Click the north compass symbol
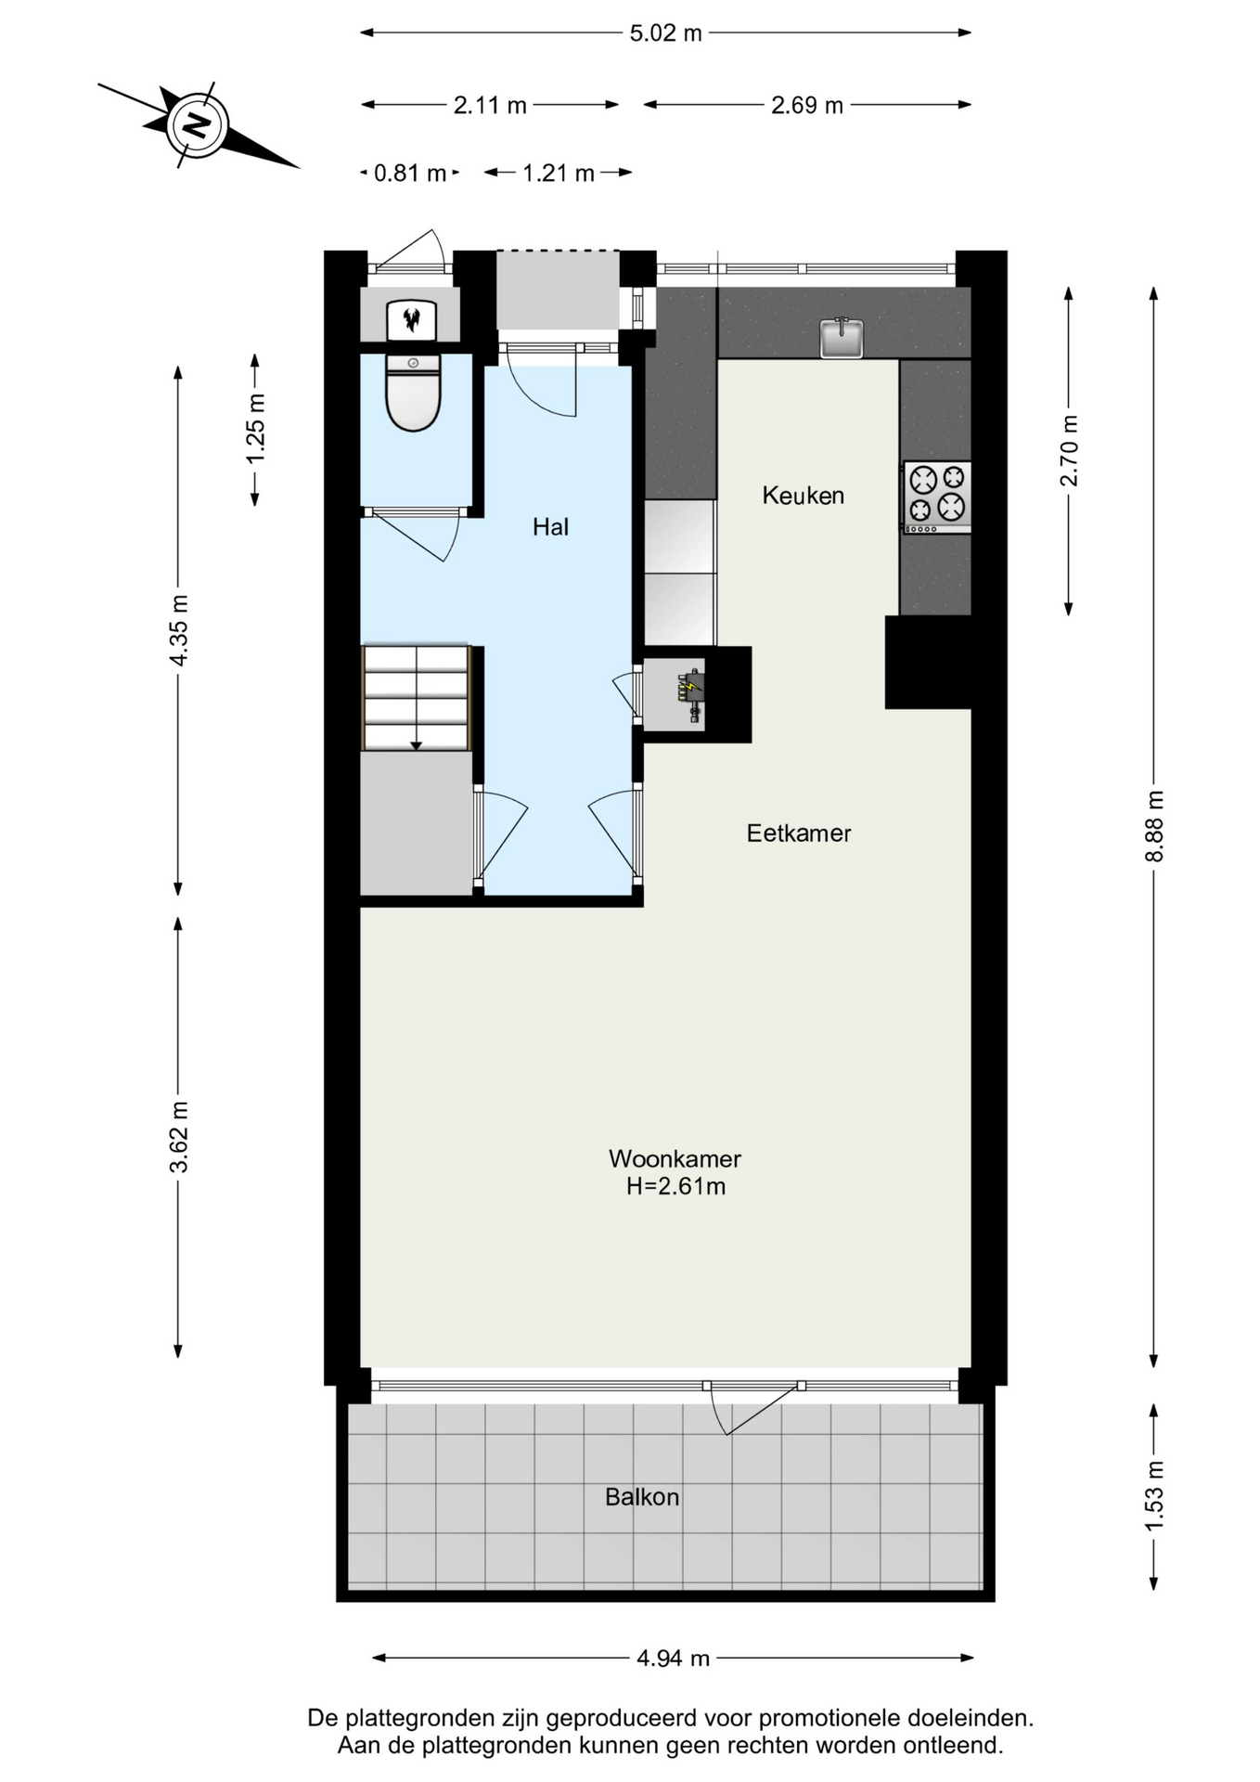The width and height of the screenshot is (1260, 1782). [198, 124]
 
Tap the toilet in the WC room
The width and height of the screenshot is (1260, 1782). [413, 393]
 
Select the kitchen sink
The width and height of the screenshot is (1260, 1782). [842, 338]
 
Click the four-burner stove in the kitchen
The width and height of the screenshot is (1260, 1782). [937, 497]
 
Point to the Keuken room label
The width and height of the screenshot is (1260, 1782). [804, 496]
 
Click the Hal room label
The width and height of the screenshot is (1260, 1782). [550, 527]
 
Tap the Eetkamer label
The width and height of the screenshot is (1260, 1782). [799, 833]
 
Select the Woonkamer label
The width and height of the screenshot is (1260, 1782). [675, 1158]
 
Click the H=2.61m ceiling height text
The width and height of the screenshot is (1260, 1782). [675, 1186]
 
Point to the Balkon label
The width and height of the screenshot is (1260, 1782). [642, 1497]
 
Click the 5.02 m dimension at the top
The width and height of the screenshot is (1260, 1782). [666, 33]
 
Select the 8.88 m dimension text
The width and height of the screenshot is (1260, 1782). [1154, 826]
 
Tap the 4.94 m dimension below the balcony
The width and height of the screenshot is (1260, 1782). [673, 1658]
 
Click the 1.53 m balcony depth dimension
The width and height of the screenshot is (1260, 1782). [1154, 1496]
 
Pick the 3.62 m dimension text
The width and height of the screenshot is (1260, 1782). [179, 1137]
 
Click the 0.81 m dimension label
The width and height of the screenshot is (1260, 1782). [410, 174]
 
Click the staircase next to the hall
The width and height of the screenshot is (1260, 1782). [417, 698]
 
